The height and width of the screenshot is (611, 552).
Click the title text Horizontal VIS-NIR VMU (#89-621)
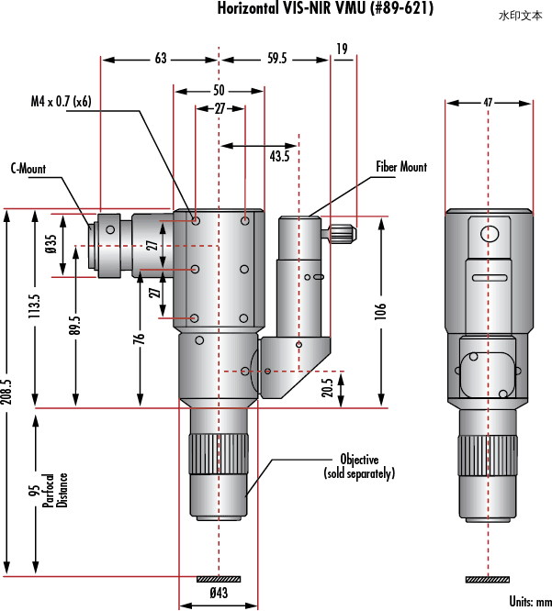(325, 7)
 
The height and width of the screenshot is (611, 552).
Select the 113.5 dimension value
(34, 305)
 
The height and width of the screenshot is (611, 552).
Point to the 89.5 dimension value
(75, 325)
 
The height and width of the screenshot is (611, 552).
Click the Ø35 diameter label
(51, 244)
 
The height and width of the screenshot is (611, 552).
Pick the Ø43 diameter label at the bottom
(219, 593)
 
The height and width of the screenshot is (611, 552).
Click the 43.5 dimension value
(279, 156)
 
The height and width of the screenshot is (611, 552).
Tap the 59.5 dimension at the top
(277, 59)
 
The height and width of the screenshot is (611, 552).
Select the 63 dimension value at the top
(161, 59)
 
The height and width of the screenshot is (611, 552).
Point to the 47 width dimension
(488, 103)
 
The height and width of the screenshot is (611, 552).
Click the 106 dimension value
(380, 311)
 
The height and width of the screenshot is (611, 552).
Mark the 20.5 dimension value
(328, 387)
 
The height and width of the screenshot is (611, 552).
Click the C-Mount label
(28, 169)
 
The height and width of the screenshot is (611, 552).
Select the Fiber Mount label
(401, 167)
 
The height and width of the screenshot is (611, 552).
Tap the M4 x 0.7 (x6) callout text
(61, 101)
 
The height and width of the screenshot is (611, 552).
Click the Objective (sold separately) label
(359, 466)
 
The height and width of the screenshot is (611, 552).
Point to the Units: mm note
(531, 602)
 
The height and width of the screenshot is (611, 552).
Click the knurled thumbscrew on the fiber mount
(343, 233)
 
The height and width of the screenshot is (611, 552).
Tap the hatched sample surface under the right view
(488, 580)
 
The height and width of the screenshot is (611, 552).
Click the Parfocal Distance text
(55, 491)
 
